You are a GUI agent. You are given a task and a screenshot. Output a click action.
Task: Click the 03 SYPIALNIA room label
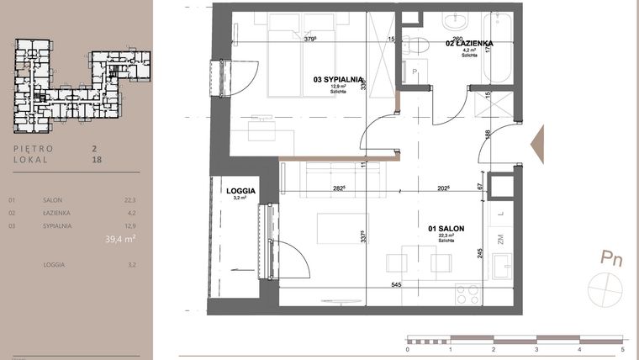coord(338,80)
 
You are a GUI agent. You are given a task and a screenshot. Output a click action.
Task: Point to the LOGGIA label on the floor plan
coord(240,191)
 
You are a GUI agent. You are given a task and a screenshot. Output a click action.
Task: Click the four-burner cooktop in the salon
coord(467,294)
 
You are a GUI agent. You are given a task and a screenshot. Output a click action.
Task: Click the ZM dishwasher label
coord(500,241)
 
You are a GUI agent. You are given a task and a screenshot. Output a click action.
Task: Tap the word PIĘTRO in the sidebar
coord(34,148)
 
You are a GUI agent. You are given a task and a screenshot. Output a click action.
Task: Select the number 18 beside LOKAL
coord(95,158)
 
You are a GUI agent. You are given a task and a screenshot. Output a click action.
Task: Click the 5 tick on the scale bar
coord(622,348)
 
